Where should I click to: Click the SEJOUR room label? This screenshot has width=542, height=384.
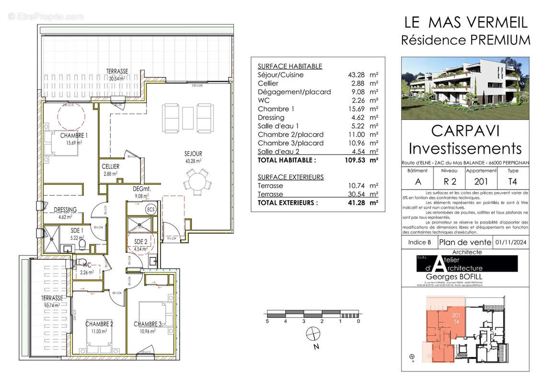coord(192,154)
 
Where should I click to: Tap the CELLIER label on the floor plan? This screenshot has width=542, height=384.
coord(110,167)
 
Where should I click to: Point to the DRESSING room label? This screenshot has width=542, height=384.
coord(66,210)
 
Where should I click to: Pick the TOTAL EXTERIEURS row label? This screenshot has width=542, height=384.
coord(288,203)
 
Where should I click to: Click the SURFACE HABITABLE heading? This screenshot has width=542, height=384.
coord(290,66)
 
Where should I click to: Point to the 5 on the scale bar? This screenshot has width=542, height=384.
coord(267,321)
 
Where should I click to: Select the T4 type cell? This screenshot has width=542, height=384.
coord(513,181)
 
